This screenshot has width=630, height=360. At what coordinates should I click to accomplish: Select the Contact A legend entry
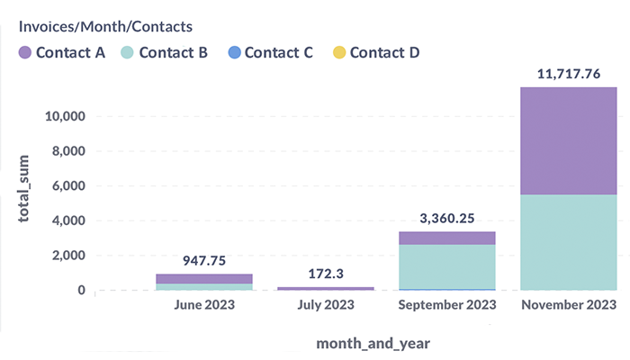click(62, 52)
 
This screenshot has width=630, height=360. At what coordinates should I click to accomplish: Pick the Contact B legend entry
click(165, 52)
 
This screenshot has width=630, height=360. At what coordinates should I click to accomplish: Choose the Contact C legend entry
click(269, 52)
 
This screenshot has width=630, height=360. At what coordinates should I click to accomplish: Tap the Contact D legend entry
click(374, 52)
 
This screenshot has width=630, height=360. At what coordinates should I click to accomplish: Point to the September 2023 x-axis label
click(446, 305)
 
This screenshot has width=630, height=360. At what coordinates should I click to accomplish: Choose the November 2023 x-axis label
click(569, 305)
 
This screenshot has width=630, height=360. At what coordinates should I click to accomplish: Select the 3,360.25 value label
click(446, 219)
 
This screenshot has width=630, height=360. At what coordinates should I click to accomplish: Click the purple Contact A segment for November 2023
click(569, 140)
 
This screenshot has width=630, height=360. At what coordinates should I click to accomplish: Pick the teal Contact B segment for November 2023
click(569, 242)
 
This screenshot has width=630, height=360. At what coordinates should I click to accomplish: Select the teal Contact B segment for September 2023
click(446, 266)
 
